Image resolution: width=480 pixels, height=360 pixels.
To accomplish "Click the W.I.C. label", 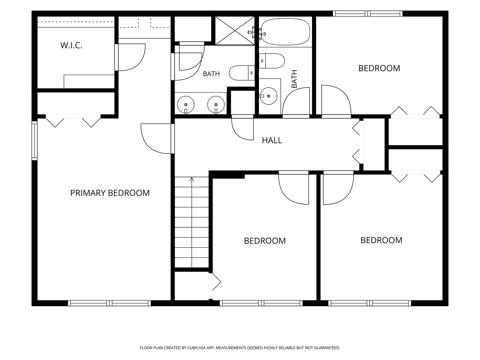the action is tap(71, 45).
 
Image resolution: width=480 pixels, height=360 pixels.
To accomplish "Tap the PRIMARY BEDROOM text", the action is tap(110, 193).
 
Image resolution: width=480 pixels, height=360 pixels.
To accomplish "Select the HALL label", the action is tap(272, 140).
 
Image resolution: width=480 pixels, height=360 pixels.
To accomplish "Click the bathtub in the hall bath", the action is tap(286, 32).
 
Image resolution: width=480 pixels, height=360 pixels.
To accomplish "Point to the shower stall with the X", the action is tap(235, 31).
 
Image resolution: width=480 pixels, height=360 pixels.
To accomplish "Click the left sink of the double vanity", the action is tap(186, 105).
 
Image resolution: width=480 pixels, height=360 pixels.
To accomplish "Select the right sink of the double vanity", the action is tap(216, 105).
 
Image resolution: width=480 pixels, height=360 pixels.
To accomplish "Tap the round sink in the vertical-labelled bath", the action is tap(269, 96).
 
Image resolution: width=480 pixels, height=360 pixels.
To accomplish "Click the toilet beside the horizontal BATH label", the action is tap(242, 73).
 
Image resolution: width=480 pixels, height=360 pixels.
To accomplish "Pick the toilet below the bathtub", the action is tap(272, 61).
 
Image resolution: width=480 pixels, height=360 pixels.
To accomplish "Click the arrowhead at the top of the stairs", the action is tap(192, 179).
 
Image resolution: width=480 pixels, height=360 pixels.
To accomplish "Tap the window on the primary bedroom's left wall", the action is tap(35, 141).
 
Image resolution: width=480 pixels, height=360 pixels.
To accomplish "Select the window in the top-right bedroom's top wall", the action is tap(368, 14).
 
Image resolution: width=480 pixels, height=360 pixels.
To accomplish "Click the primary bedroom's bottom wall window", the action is tap(109, 303).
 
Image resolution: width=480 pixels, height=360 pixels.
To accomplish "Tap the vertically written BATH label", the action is tap(294, 79).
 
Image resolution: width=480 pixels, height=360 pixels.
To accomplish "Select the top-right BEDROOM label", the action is tap(379, 68).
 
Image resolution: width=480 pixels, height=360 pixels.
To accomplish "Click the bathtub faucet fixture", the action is tap(257, 33).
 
